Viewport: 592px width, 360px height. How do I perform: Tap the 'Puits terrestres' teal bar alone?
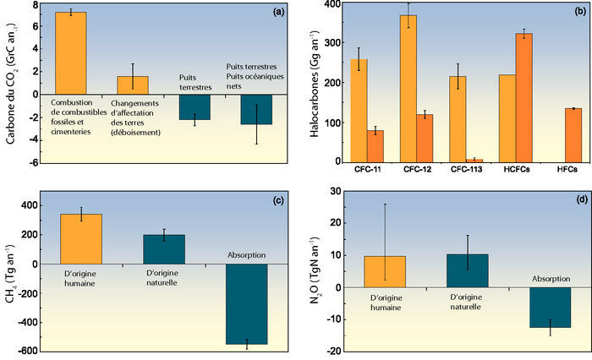(195, 106)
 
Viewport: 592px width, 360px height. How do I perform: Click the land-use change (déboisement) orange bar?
(133, 85)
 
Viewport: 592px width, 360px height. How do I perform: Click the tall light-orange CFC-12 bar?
(408, 88)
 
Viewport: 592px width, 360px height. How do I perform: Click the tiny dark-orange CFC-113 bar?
(474, 160)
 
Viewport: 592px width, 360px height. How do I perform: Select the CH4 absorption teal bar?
(246, 304)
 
